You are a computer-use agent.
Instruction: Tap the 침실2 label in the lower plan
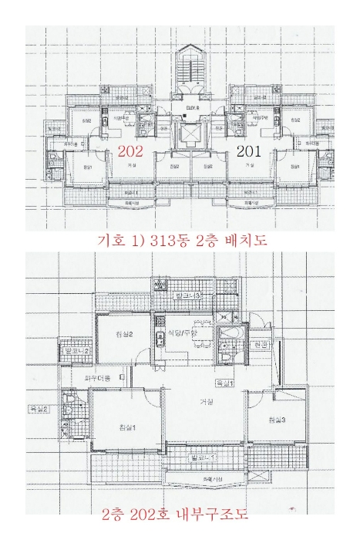[126, 335]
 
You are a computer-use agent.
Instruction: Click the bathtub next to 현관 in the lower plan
[230, 340]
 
